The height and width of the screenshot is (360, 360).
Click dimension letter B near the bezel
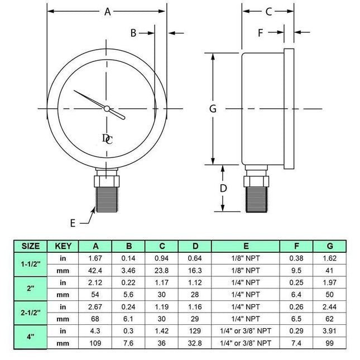pos(133,33)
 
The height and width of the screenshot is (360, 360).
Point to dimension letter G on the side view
pos(213,109)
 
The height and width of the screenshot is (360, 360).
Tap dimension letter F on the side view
pos(260,33)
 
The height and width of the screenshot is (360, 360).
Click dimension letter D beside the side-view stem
pos(223,188)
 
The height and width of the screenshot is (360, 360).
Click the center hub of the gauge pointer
pos(107,109)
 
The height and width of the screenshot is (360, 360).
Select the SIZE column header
pos(31,246)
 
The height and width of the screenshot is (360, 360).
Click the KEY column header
pos(63,246)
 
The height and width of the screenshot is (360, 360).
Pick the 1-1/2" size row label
pos(31,264)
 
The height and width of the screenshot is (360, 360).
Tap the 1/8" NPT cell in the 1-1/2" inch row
pos(245,258)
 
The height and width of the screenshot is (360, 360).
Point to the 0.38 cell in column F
pos(296,258)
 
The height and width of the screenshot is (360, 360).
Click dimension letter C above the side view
pos(268,11)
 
